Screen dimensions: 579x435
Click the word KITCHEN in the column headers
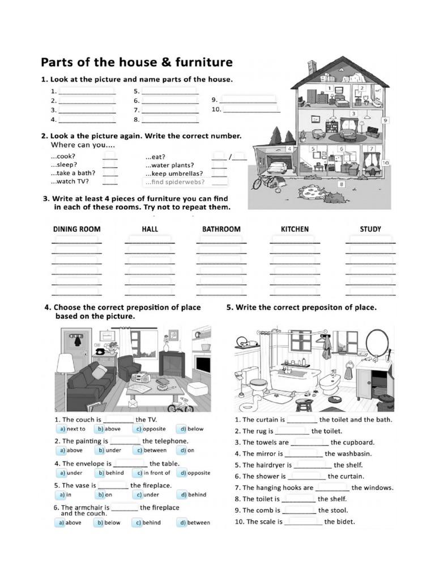point(295,229)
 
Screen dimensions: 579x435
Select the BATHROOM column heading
point(221,229)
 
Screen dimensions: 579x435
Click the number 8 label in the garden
point(342,184)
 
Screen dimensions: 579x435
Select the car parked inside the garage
point(277,167)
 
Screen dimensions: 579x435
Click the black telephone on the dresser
point(101,351)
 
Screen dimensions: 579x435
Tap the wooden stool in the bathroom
point(301,404)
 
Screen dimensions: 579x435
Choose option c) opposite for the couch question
point(150,429)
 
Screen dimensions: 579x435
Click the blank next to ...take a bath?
point(110,174)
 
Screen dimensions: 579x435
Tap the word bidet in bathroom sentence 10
point(346,521)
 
